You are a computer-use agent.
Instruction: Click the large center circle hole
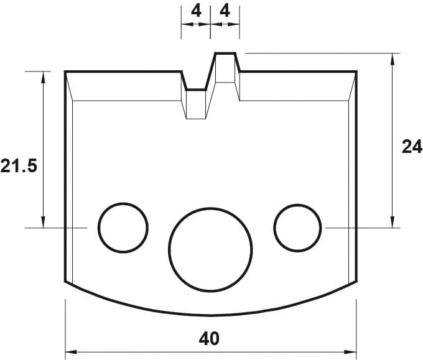click(211, 247)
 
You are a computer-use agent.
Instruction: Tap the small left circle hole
click(123, 228)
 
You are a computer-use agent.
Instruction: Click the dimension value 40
click(210, 339)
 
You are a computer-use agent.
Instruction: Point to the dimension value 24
click(411, 147)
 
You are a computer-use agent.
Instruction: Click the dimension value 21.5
click(19, 167)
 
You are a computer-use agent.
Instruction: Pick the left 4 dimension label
click(195, 11)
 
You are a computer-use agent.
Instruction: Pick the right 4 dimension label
click(225, 11)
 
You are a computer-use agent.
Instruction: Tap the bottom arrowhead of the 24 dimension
click(393, 223)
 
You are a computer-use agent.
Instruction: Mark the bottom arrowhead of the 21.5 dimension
click(44, 223)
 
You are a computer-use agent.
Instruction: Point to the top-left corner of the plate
click(66, 72)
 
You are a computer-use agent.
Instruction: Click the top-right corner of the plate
click(356, 72)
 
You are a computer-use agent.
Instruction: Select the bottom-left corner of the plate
click(66, 282)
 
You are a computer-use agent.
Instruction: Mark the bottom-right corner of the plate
click(356, 282)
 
